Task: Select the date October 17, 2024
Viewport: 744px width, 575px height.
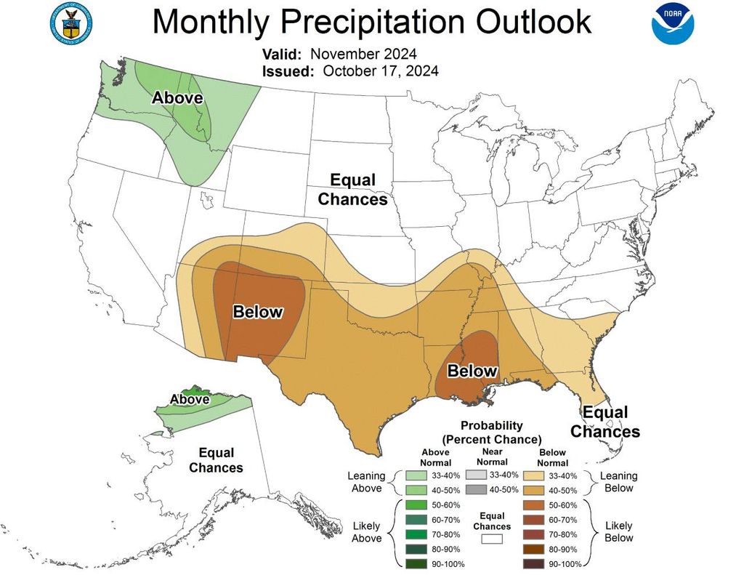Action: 380,71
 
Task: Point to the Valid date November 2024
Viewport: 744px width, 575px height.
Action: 363,54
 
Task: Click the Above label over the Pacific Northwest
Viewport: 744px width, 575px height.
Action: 177,97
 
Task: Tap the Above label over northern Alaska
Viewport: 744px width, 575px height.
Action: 190,399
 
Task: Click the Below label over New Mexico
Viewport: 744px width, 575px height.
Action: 257,312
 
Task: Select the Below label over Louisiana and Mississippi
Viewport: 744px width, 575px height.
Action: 472,371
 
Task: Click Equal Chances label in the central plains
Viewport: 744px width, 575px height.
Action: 353,189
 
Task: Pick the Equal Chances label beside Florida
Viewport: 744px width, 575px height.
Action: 604,422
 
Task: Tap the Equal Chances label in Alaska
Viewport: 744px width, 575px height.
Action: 216,459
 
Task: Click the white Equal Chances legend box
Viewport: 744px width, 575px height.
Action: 492,539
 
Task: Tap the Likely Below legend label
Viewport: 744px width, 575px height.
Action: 618,531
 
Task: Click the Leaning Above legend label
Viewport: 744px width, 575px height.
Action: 366,482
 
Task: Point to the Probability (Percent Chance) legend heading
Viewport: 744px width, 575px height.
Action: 492,433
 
